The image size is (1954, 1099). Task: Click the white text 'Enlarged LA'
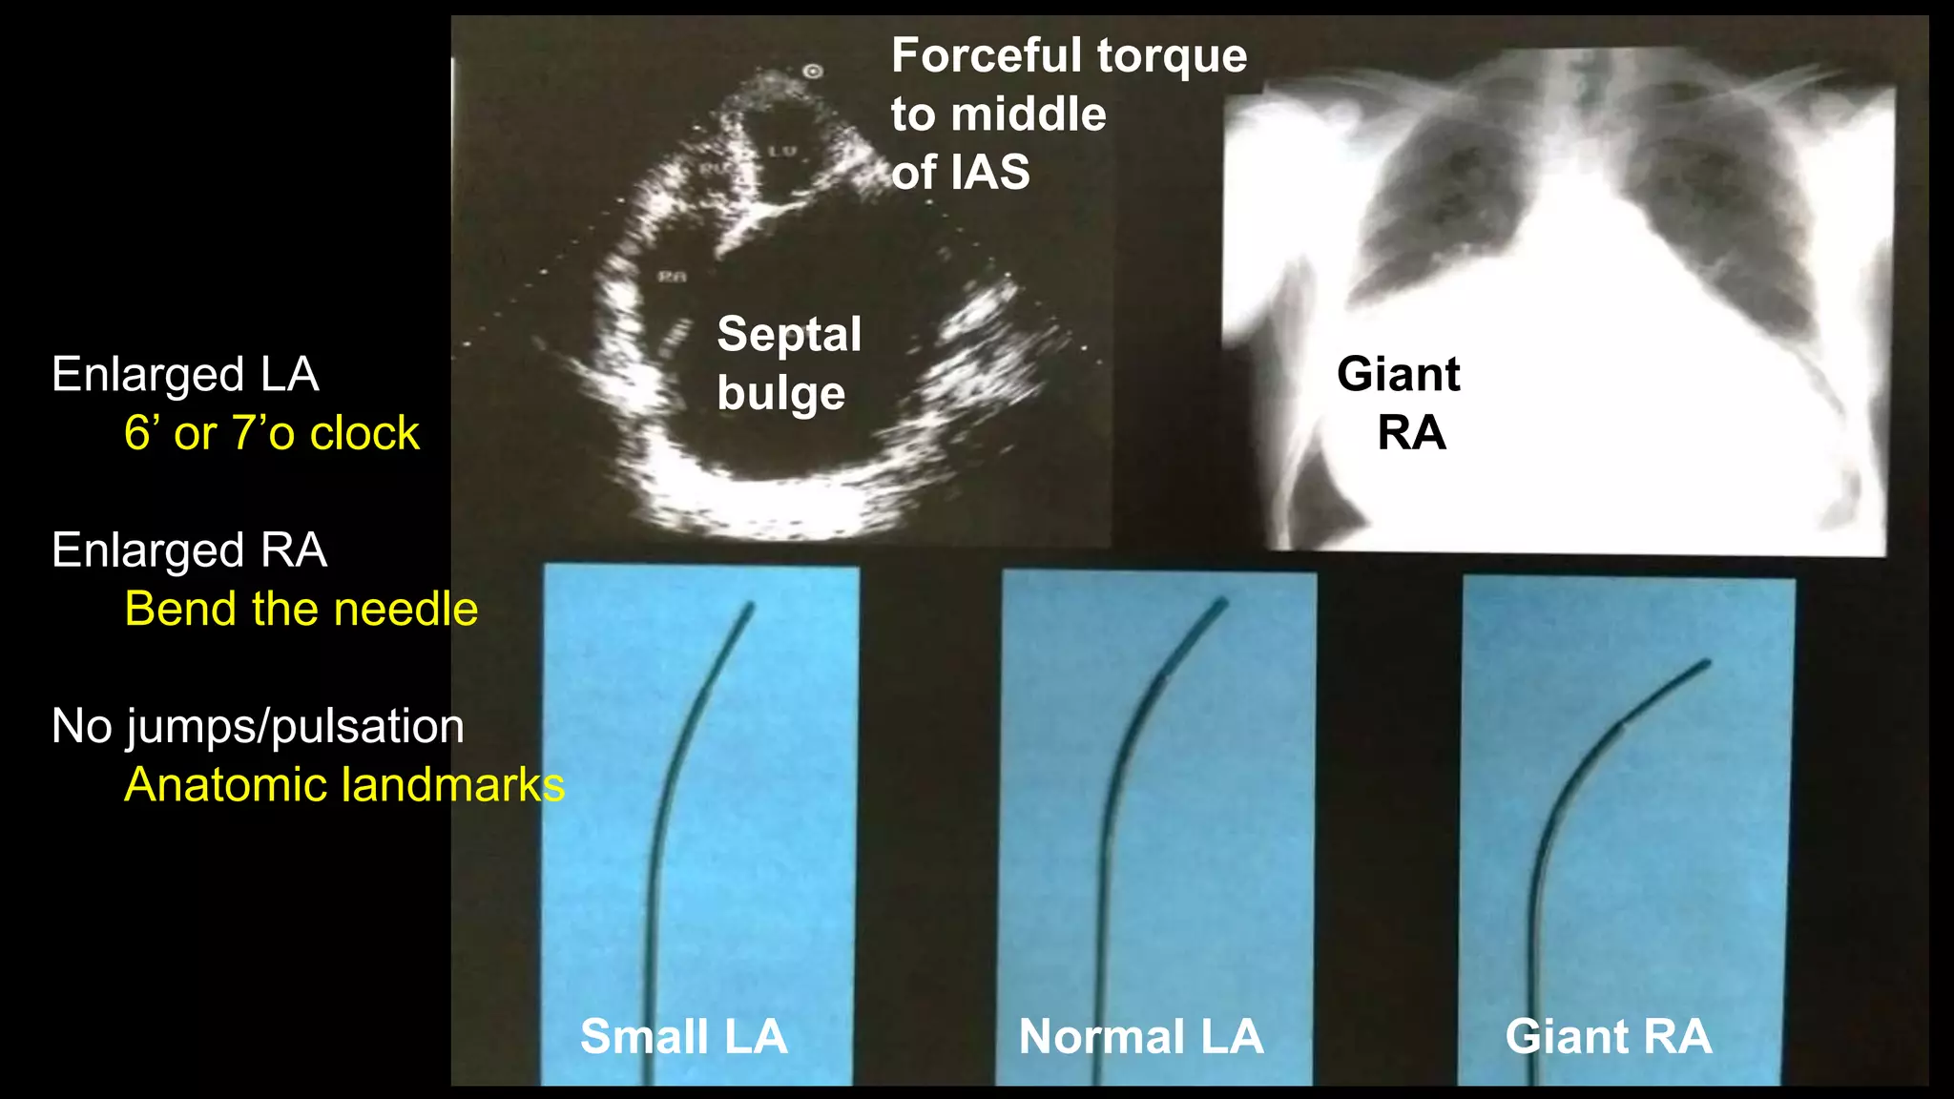pos(185,374)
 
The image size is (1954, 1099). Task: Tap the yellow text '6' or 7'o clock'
pos(271,433)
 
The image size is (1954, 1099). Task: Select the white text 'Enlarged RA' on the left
pos(189,550)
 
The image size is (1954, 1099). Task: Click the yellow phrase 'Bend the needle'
pos(301,609)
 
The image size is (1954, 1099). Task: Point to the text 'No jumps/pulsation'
pos(258,726)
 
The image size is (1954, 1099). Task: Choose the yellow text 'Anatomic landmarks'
pos(344,785)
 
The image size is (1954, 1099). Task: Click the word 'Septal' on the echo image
pos(789,334)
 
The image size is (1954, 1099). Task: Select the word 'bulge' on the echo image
pos(780,393)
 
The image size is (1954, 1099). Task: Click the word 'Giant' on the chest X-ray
pos(1398,374)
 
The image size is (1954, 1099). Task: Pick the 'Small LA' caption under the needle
pos(683,1036)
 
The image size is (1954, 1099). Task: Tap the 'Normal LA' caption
pos(1141,1036)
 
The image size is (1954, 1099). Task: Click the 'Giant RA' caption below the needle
pos(1609,1036)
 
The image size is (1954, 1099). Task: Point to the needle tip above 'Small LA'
pos(750,606)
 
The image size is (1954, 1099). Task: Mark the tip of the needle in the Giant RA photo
pos(1706,662)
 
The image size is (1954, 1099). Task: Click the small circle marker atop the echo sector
pos(813,71)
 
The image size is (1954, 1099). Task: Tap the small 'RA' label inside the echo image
pos(672,277)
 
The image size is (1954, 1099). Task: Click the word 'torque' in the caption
pos(1172,55)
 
